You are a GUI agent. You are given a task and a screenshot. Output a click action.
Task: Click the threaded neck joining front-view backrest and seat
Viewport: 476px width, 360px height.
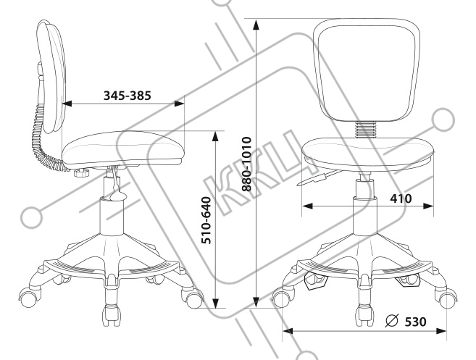pyautogui.click(x=366, y=130)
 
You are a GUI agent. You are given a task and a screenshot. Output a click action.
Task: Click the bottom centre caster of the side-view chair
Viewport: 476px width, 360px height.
pyautogui.click(x=112, y=314)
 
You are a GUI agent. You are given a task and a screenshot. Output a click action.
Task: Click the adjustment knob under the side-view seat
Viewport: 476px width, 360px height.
pyautogui.click(x=82, y=173)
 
